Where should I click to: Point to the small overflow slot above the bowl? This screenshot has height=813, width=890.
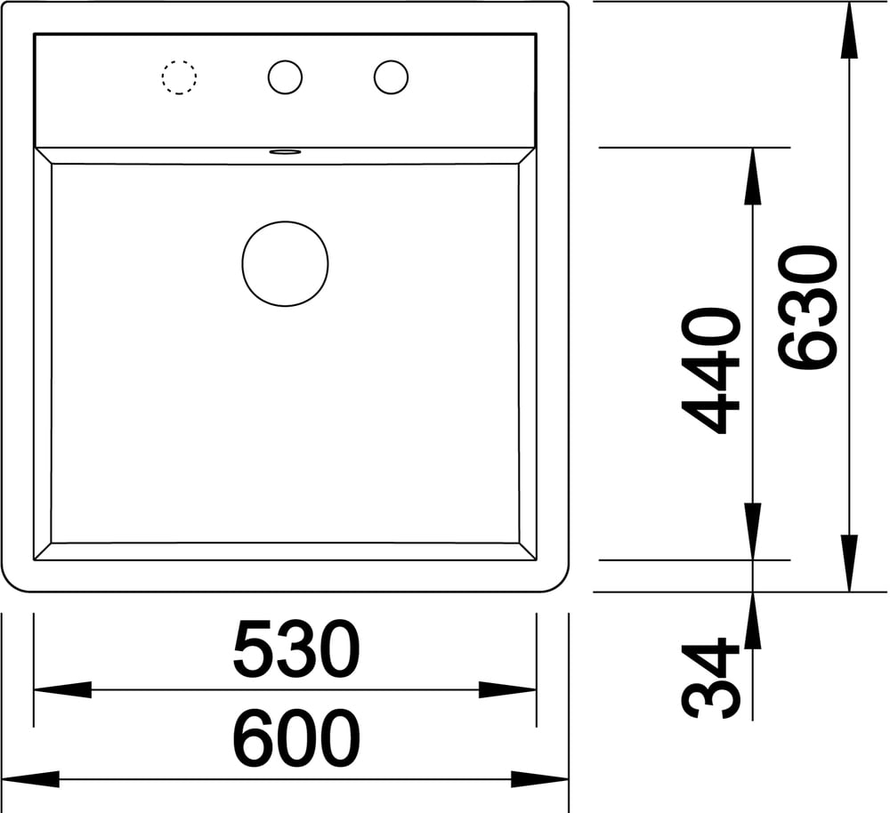[x=285, y=151]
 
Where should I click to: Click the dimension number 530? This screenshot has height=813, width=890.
[x=296, y=648]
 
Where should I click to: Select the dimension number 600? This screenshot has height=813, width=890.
[x=296, y=737]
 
